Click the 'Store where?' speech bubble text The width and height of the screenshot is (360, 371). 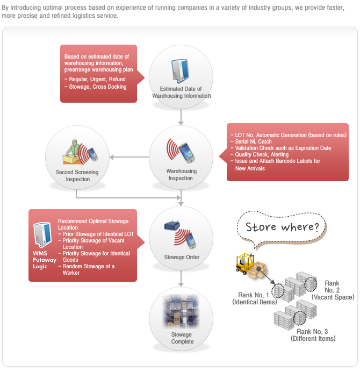click(x=282, y=227)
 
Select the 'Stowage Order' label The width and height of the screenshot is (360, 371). click(x=182, y=257)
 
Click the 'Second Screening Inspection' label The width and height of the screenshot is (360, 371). click(x=77, y=176)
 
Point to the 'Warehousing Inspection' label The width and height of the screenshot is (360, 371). click(x=181, y=175)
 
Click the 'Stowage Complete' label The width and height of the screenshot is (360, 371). click(x=182, y=338)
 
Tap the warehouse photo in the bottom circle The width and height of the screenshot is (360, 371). click(x=181, y=311)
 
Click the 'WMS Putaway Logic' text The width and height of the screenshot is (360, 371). click(x=44, y=260)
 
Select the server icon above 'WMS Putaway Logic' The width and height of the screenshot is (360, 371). click(x=42, y=235)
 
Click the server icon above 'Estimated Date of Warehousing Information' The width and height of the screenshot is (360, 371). click(x=180, y=71)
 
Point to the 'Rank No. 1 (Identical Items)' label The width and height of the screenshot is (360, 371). click(x=254, y=298)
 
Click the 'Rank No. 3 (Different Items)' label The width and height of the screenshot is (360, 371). click(x=313, y=335)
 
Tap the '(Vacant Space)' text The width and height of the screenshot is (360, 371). click(x=333, y=297)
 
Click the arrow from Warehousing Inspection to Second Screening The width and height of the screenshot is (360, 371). click(x=129, y=157)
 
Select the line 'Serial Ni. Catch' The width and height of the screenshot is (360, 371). click(x=251, y=141)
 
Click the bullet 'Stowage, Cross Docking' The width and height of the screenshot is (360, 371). click(x=96, y=87)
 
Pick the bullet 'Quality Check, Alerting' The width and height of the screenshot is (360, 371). click(x=260, y=154)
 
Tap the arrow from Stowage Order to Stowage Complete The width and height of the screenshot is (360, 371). click(x=181, y=279)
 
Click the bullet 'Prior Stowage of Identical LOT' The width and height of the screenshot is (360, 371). click(x=96, y=234)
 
